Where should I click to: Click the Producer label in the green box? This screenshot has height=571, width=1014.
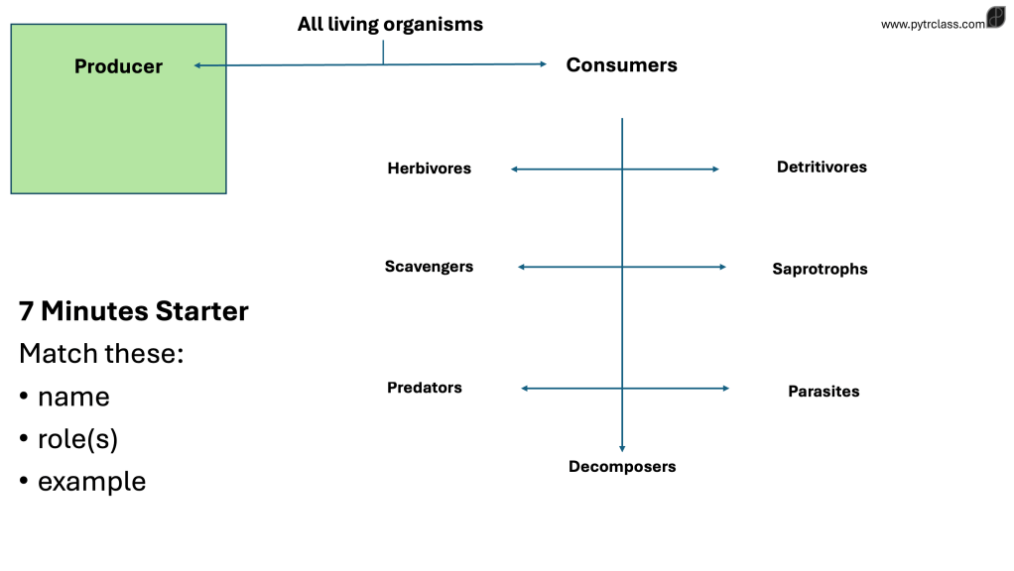[118, 66]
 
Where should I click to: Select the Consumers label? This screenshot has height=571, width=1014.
[621, 65]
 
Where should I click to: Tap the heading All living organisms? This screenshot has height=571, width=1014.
[390, 24]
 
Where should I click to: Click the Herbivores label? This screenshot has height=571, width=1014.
[429, 169]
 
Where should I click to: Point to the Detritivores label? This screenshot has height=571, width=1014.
[822, 168]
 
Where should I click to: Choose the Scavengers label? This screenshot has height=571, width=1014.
[429, 267]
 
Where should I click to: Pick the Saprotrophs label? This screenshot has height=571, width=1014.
[820, 269]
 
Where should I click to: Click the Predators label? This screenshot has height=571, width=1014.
[425, 388]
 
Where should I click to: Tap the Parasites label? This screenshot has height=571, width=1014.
[824, 392]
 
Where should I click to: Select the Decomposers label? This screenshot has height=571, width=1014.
[622, 467]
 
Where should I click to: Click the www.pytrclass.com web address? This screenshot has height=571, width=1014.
[933, 24]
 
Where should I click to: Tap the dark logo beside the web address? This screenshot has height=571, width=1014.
[996, 18]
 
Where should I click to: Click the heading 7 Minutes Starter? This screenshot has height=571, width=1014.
[134, 311]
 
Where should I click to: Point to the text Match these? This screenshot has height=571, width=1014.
[101, 353]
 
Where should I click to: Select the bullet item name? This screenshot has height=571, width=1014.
[73, 397]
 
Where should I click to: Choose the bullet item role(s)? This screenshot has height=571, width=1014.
[77, 439]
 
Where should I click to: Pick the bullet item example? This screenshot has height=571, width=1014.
[91, 482]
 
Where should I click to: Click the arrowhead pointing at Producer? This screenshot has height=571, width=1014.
[197, 65]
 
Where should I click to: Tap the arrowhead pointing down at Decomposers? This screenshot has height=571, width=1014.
[622, 448]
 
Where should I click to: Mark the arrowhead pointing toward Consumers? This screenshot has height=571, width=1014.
[543, 64]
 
